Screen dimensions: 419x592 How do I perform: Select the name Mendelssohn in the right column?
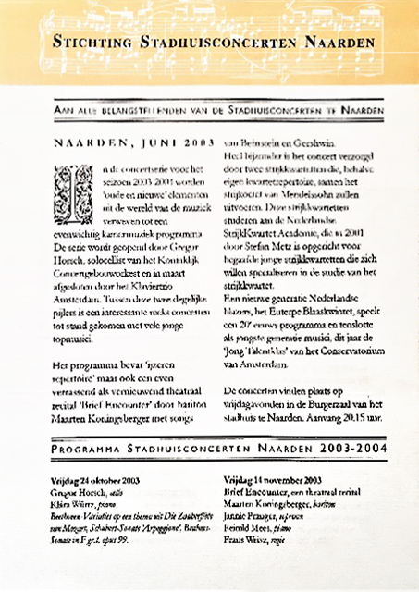click(x=326, y=197)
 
